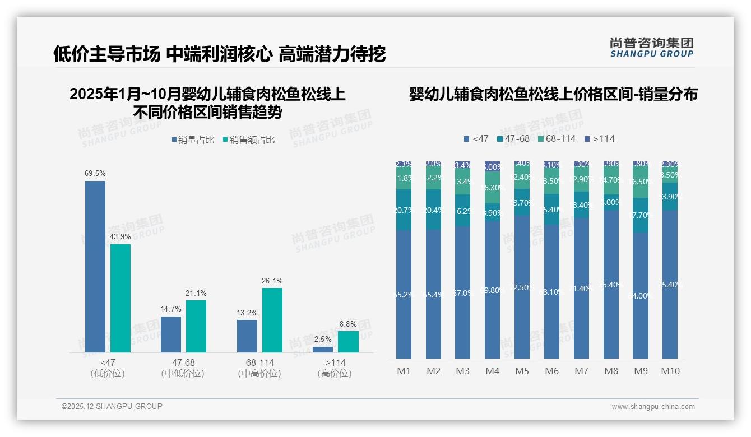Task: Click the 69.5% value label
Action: coord(95,174)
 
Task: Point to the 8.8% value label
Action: coord(348,324)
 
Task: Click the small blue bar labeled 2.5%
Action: coord(323,350)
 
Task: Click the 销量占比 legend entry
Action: coord(193,140)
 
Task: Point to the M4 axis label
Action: coord(492,371)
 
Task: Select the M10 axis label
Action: coord(670,371)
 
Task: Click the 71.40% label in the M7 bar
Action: coord(581,289)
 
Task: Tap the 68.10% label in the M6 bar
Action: coord(552,292)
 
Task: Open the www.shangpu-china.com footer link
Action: coord(653,407)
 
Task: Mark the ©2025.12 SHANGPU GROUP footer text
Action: coord(112,406)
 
